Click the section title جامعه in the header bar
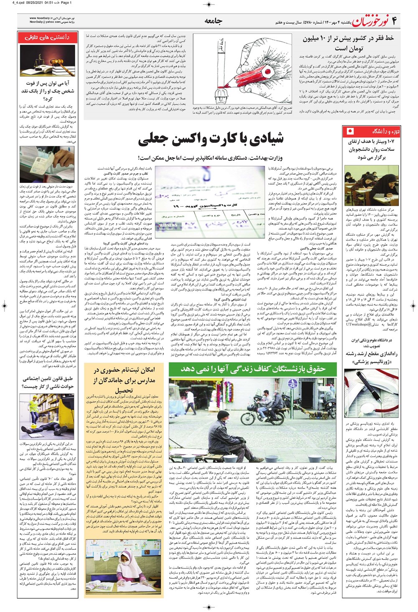213,21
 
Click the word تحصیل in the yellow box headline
124,390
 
